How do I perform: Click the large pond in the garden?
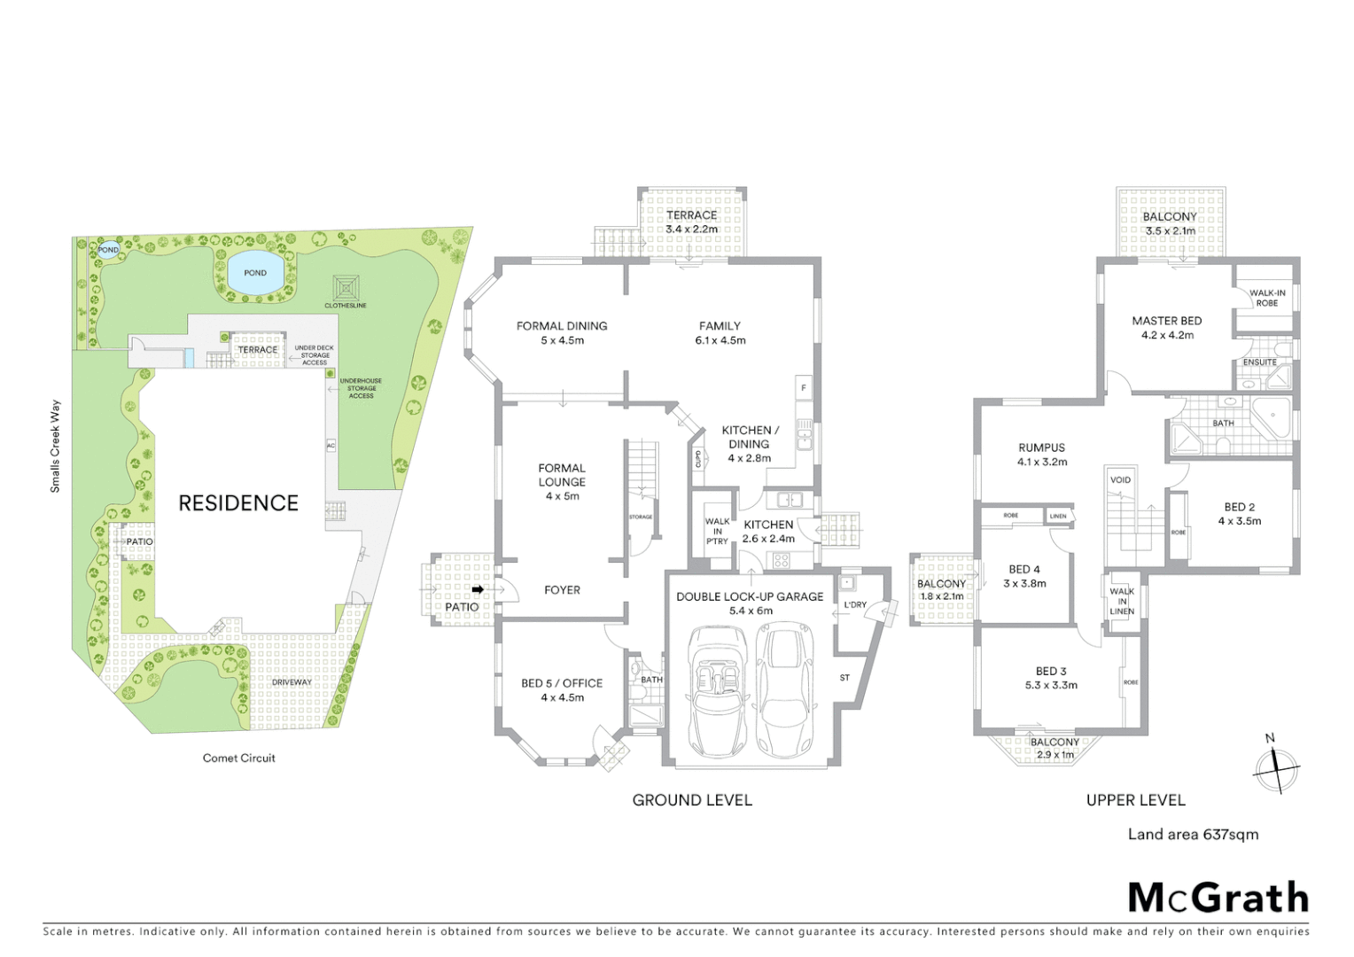tap(254, 272)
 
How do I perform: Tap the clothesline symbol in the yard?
tap(346, 287)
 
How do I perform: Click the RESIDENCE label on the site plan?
tap(238, 503)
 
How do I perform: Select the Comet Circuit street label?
tap(238, 759)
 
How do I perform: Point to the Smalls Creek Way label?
tap(56, 447)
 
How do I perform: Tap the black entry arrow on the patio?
tap(478, 589)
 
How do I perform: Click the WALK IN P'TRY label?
tap(717, 531)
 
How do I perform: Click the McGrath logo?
tap(1218, 898)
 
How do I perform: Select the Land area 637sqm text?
tap(1193, 834)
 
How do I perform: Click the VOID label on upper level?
tap(1120, 480)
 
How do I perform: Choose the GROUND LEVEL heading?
tap(692, 800)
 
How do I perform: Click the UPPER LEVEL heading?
tap(1135, 800)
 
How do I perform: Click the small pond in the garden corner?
tap(107, 250)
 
